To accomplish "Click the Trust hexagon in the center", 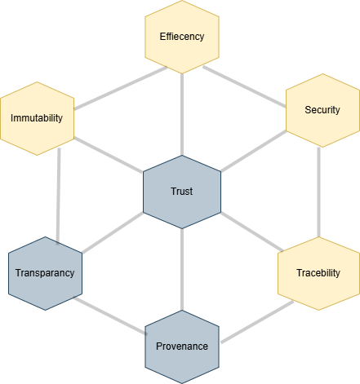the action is coord(182,192).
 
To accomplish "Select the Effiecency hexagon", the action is coord(182,37).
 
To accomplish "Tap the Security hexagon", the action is coord(322,110).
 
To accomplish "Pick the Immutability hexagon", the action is coord(37,118).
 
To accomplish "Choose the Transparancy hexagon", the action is coord(45,273).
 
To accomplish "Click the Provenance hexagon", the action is coord(182,346).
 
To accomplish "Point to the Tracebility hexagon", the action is coord(318,273).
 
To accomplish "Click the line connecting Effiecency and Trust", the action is coord(182,114).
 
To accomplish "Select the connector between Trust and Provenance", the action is coord(182,269).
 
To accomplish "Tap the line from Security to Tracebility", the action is coord(318,192).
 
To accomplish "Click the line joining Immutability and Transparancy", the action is coord(58,196).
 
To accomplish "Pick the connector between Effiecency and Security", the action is coord(244,86).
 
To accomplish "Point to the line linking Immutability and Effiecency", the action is coord(120,88).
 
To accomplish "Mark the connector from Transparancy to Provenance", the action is coord(110,316).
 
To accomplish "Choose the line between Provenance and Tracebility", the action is coord(257,322).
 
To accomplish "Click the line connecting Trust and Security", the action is coord(254,152).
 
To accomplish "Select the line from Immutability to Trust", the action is coord(109,155).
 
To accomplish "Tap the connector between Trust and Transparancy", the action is coord(113,232).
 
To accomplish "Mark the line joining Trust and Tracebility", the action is coord(252,232).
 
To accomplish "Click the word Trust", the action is coord(182,192).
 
